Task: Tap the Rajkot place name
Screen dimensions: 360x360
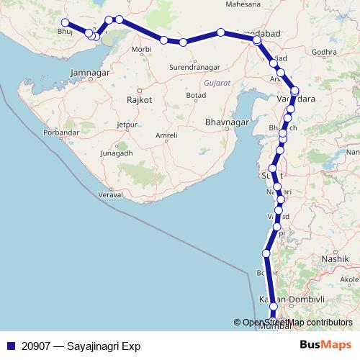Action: click(x=139, y=100)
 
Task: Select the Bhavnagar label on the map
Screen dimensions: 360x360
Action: click(x=226, y=122)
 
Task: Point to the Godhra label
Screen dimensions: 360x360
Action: click(x=325, y=52)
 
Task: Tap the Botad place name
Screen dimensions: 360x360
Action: click(x=195, y=96)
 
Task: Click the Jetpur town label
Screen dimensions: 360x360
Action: click(x=127, y=125)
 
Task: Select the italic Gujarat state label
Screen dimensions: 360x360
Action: click(x=217, y=84)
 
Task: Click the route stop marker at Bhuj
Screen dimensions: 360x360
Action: click(x=66, y=22)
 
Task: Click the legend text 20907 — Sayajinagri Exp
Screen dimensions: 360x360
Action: click(x=81, y=346)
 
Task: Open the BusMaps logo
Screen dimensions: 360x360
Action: click(x=325, y=346)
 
